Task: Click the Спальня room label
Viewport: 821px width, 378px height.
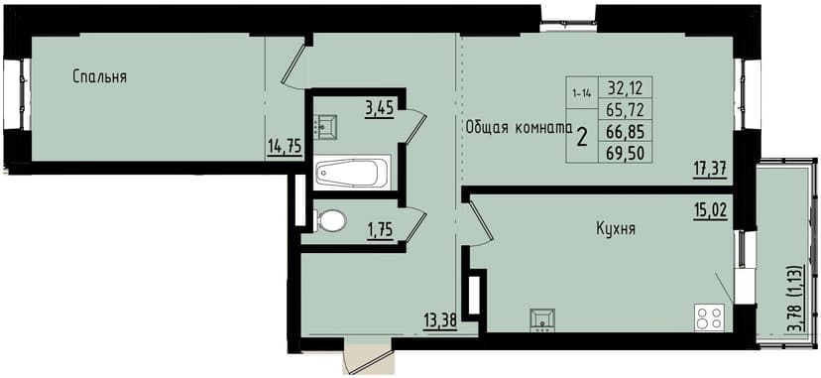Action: (99, 76)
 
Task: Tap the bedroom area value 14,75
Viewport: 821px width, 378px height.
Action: (285, 147)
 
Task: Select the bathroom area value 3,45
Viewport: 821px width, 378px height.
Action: (379, 108)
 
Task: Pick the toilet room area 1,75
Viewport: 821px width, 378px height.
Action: (380, 230)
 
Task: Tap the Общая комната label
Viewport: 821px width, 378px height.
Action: (519, 127)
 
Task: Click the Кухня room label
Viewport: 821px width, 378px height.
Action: (616, 229)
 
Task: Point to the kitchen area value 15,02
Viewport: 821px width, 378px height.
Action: (710, 208)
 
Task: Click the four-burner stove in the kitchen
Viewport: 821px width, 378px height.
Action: (709, 317)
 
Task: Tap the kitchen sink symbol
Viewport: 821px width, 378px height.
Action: (542, 317)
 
